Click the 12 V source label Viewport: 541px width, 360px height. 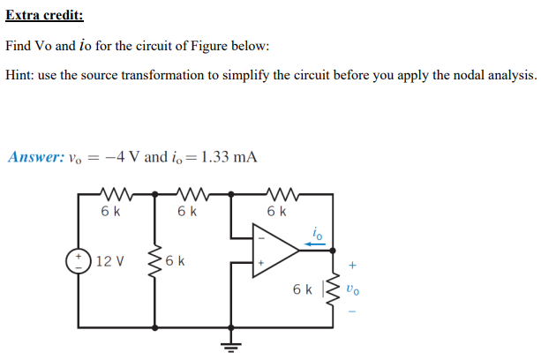(x=110, y=262)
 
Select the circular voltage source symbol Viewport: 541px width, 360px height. (x=79, y=262)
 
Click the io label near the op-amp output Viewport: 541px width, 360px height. (x=318, y=231)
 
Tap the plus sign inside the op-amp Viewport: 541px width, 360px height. (x=260, y=263)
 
